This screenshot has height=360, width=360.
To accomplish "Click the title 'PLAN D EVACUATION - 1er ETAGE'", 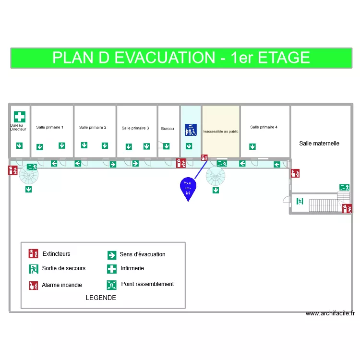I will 180,58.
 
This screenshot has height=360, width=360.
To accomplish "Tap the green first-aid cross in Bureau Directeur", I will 19,117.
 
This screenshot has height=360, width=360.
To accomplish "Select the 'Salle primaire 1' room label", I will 49,127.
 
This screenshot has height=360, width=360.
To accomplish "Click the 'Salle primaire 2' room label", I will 93,127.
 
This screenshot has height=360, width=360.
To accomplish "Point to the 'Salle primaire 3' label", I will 135,128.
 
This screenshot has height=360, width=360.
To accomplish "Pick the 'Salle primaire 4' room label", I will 264,127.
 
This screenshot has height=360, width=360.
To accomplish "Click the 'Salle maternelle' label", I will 319,143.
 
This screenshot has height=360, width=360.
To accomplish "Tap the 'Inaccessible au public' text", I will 221,131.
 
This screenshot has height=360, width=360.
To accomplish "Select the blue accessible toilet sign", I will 191,130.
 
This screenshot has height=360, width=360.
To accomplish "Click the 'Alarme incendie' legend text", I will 62,285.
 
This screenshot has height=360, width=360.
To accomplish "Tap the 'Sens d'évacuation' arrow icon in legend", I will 112,255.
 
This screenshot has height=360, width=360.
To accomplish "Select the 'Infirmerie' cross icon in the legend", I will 112,269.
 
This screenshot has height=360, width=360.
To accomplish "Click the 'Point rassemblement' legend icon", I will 112,285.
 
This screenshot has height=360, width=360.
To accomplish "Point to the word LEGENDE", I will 101,298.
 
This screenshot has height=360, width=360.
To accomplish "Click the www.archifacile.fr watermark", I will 330,313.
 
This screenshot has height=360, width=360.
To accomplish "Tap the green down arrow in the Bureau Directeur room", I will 19,145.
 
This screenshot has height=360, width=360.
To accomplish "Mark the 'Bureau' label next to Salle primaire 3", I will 168,128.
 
